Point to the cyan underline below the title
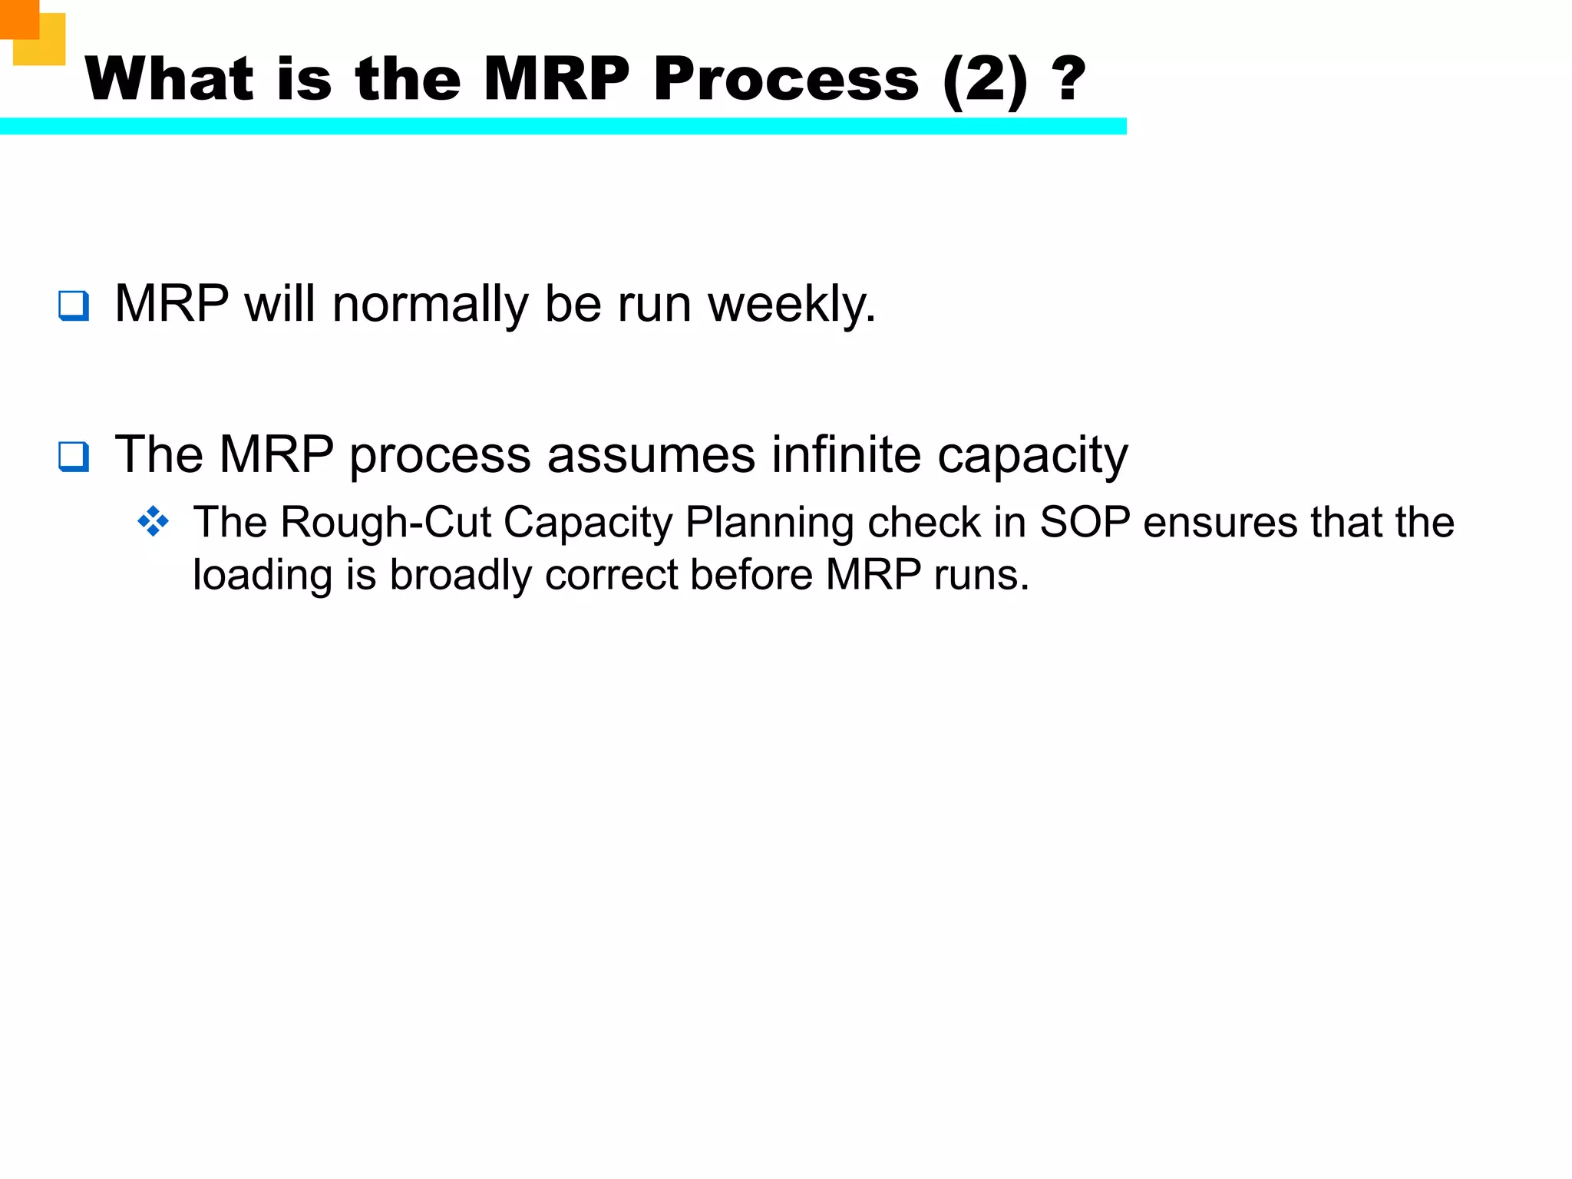pyautogui.click(x=563, y=127)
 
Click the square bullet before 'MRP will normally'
pyautogui.click(x=74, y=305)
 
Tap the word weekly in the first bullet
pyautogui.click(x=791, y=304)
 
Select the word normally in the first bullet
pyautogui.click(x=430, y=304)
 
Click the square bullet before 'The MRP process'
pyautogui.click(x=74, y=457)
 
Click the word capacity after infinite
pyautogui.click(x=1032, y=456)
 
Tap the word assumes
pyautogui.click(x=651, y=455)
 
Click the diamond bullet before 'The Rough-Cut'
pyautogui.click(x=154, y=522)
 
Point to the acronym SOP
pyautogui.click(x=1085, y=523)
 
